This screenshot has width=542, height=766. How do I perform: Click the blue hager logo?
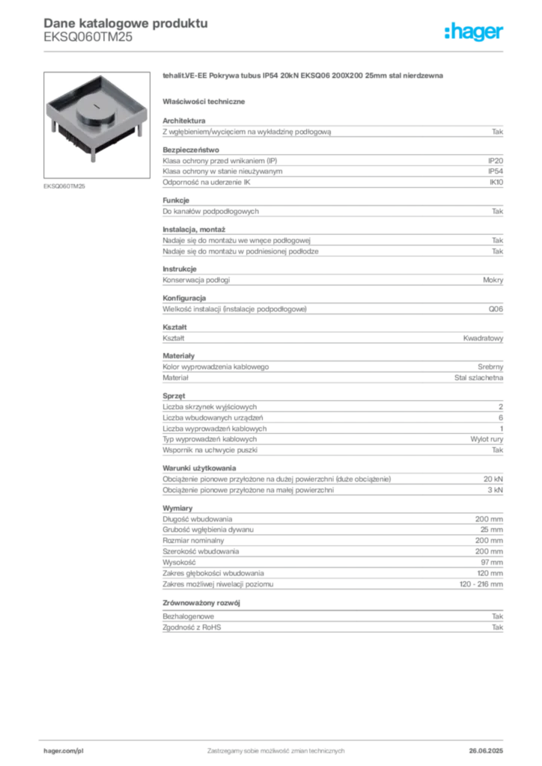tap(475, 33)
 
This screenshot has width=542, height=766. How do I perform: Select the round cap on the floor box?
tap(94, 114)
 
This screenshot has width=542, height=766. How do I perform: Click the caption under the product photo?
tap(65, 186)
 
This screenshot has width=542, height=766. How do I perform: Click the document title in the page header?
tap(124, 22)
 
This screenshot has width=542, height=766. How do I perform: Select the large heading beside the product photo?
tap(305, 77)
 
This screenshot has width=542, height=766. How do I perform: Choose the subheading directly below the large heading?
tap(206, 100)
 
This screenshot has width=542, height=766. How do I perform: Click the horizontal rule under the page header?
tap(275, 51)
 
